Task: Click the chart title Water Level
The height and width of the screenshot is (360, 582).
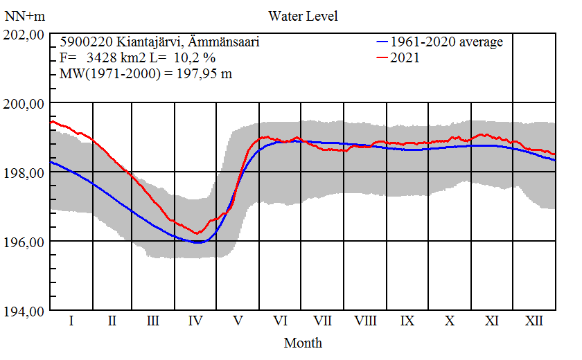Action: (303, 15)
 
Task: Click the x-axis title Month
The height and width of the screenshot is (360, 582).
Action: (303, 342)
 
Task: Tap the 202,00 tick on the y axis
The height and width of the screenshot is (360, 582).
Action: (24, 35)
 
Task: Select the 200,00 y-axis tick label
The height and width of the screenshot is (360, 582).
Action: (24, 104)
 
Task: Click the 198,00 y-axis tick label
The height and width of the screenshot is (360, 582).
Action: (24, 172)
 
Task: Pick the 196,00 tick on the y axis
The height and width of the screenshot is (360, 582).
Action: (24, 242)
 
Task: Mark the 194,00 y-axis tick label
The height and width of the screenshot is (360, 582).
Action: (24, 311)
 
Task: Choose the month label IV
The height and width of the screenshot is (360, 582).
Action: (195, 321)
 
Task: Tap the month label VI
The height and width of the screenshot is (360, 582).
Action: (281, 321)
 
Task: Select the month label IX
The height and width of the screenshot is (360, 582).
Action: (407, 321)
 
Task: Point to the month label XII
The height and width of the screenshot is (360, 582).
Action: (534, 321)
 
